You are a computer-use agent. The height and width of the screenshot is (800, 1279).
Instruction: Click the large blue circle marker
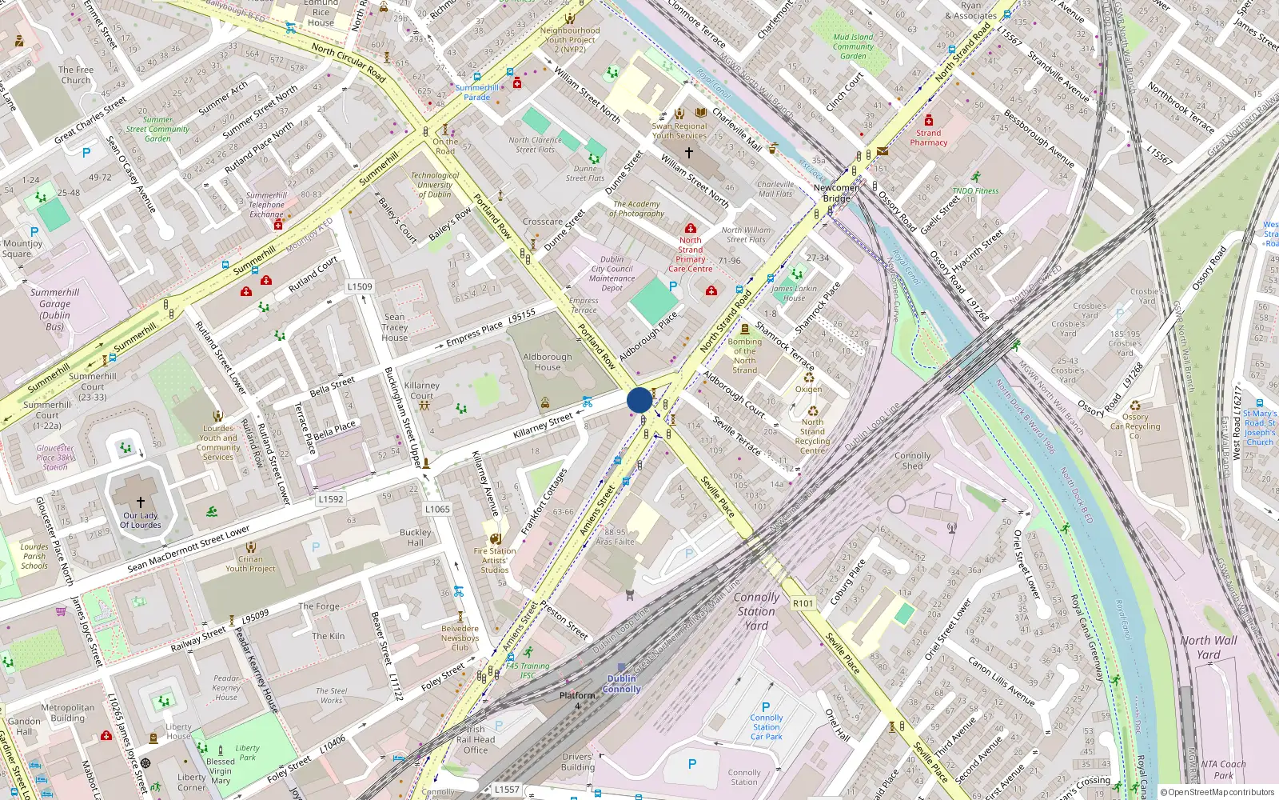tap(639, 400)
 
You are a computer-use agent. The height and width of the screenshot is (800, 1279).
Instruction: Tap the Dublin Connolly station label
tap(622, 683)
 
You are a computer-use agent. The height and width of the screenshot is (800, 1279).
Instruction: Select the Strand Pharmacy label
tap(928, 138)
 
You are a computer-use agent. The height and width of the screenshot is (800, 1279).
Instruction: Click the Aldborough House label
tap(548, 362)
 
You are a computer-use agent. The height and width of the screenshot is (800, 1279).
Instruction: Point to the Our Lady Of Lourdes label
tap(141, 520)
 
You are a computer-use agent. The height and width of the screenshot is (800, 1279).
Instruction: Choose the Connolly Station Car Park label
tap(766, 726)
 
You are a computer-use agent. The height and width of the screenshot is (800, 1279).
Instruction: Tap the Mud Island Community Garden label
tap(853, 46)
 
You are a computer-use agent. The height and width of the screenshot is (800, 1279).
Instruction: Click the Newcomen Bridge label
tap(837, 193)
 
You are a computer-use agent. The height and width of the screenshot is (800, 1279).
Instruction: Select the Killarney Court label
tap(422, 390)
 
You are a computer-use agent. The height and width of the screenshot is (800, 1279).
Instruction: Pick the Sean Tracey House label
tap(394, 327)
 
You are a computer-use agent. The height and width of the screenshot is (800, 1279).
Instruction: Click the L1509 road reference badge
tap(360, 286)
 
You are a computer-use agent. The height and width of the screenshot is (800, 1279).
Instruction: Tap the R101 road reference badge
tap(803, 603)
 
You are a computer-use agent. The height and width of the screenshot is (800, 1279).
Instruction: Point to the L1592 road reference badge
tap(331, 498)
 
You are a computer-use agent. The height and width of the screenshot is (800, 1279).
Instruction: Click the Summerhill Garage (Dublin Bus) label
tap(54, 309)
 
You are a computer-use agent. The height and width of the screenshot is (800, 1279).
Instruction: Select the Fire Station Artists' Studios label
tap(495, 560)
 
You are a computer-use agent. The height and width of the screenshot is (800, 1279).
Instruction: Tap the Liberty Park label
tap(248, 753)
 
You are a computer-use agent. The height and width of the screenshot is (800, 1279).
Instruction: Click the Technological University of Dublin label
tap(435, 185)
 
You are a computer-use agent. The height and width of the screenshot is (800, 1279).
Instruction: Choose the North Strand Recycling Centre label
tap(812, 436)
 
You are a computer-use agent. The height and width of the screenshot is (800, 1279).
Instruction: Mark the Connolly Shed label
tap(912, 461)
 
